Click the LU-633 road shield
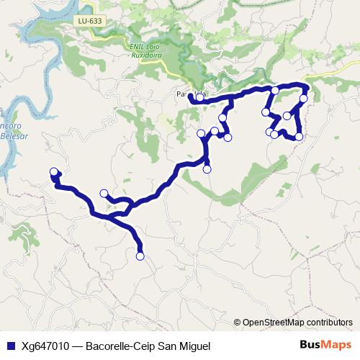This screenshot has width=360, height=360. click(91, 22)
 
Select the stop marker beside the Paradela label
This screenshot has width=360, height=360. click(199, 97)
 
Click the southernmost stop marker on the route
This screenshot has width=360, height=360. click(140, 256)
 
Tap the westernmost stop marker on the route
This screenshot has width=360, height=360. click(53, 171)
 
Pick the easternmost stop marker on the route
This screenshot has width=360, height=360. click(304, 99)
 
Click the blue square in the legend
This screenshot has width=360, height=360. click(10, 346)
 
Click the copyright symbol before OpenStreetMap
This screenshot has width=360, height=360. click(237, 323)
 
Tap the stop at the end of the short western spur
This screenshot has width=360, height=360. click(104, 193)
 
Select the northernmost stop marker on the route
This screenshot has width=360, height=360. click(275, 90)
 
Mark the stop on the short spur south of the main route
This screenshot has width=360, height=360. click(207, 169)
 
